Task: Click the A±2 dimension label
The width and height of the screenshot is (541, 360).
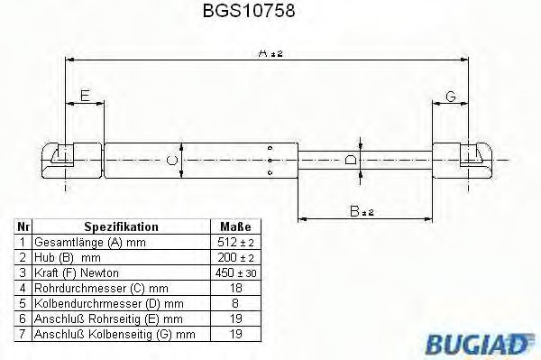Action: (270, 53)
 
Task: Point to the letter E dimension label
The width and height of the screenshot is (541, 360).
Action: (84, 95)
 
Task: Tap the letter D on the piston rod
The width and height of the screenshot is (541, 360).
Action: (352, 160)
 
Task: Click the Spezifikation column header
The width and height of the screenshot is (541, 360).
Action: (121, 226)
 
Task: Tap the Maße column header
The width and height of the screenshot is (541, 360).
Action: (235, 226)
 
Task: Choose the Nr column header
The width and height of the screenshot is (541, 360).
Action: (24, 226)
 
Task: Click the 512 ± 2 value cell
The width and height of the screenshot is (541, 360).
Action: (235, 243)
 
